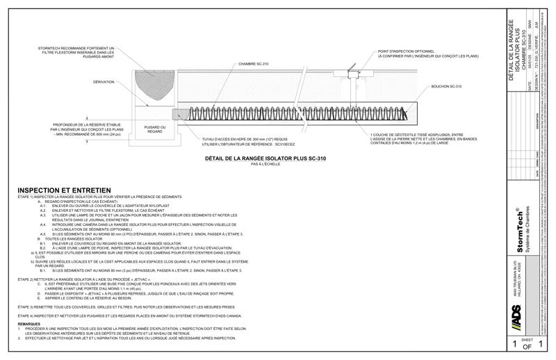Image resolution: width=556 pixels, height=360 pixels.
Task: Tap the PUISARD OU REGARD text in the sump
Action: pyautogui.click(x=154, y=130)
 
